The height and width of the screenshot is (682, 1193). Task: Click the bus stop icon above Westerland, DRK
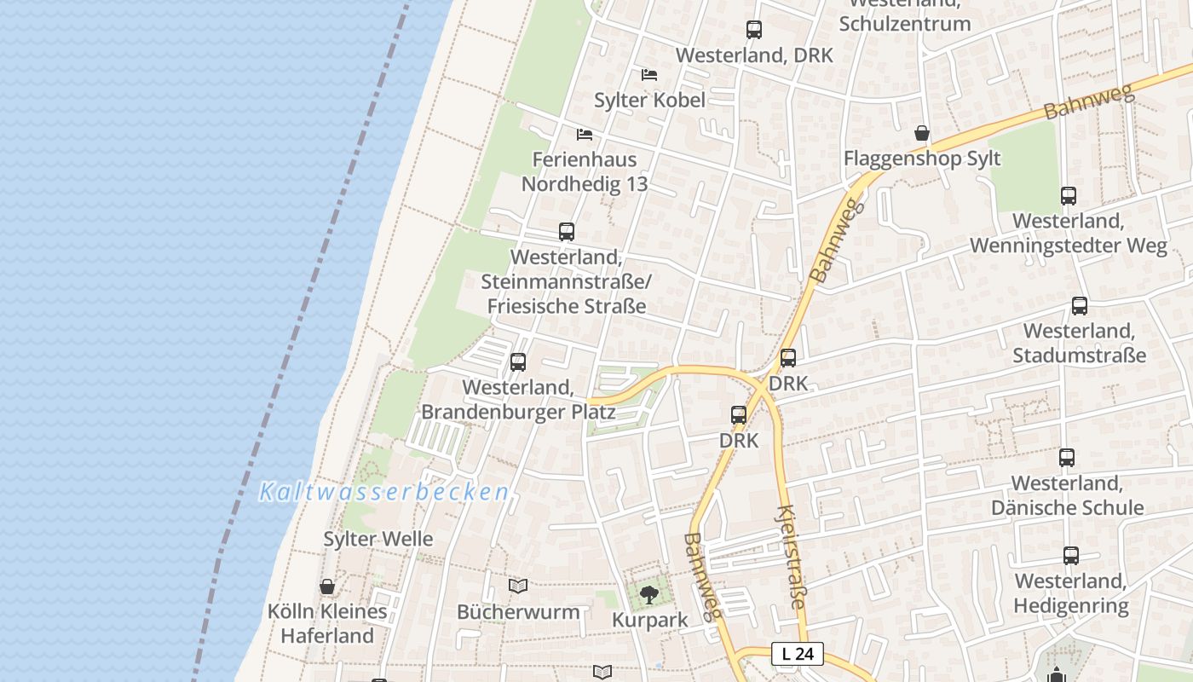click(x=754, y=30)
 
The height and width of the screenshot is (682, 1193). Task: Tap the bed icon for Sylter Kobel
click(x=649, y=75)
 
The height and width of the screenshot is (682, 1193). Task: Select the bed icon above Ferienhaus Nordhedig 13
click(x=585, y=135)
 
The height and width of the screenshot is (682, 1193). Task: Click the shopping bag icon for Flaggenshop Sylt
click(x=922, y=133)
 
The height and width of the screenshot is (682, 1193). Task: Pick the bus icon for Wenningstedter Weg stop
click(x=1069, y=195)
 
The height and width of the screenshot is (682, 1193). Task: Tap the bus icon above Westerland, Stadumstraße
click(x=1080, y=305)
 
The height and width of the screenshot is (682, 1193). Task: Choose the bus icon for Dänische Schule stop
click(x=1067, y=458)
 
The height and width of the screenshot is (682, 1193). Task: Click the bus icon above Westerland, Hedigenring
click(x=1071, y=556)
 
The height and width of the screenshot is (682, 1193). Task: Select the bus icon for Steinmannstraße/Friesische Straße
click(x=567, y=231)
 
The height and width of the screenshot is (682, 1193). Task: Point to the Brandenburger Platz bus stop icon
click(x=518, y=362)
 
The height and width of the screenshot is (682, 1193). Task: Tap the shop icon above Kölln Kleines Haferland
click(x=327, y=587)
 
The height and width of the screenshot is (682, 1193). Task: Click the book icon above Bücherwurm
click(x=518, y=586)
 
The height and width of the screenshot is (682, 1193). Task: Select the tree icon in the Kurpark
click(x=649, y=594)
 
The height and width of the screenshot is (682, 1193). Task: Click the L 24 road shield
click(x=798, y=654)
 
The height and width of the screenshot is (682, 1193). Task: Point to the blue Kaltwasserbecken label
click(x=384, y=492)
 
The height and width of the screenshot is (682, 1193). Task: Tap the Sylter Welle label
click(x=378, y=539)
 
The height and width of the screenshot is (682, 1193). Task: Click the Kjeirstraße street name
click(x=789, y=556)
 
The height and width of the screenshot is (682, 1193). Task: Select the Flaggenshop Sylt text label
click(x=922, y=159)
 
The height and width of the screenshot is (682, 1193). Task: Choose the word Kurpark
click(x=649, y=620)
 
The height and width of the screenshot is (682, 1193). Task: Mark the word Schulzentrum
click(x=905, y=23)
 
